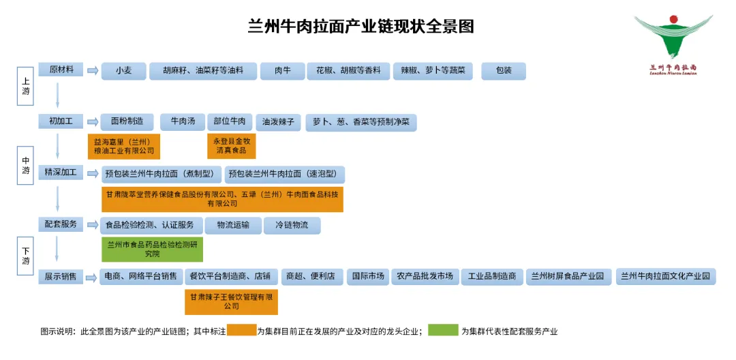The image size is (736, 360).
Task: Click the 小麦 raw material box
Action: [123, 71]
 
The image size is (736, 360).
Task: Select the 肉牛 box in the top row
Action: [282, 71]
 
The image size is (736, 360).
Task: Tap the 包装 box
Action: [504, 71]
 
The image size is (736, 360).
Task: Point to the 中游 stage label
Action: [26, 166]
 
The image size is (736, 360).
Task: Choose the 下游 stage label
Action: [26, 256]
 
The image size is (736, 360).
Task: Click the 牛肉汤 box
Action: [182, 122]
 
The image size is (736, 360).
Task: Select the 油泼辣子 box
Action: [278, 123]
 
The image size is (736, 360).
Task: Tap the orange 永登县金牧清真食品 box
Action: [231, 146]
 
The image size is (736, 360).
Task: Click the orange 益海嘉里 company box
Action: [123, 146]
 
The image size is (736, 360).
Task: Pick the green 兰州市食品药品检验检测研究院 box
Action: [152, 249]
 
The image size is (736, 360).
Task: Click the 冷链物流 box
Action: [292, 225]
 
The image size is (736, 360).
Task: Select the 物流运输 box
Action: [232, 225]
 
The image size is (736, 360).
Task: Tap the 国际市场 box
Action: [367, 276]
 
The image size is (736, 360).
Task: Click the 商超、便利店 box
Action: [311, 276]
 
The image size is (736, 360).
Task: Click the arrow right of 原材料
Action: [92, 71]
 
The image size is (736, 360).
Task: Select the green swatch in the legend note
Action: [443, 331]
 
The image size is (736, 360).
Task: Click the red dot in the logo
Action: [673, 19]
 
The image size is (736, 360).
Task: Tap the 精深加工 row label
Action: [61, 172]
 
